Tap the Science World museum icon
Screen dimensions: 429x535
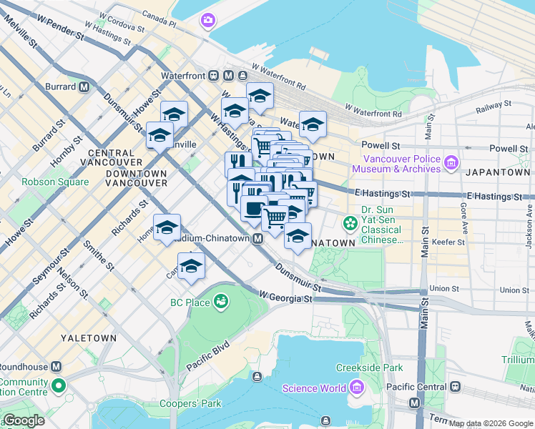(355, 388)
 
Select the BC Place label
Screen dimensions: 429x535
(190, 302)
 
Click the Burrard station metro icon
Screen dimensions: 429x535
(84, 87)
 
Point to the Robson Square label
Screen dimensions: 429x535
(55, 182)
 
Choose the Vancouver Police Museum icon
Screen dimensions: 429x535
(451, 164)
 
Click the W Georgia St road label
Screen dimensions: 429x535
(285, 296)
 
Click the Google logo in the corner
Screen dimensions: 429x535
(24, 420)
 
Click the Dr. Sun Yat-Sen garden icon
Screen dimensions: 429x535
(350, 224)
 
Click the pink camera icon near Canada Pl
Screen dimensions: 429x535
(208, 20)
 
